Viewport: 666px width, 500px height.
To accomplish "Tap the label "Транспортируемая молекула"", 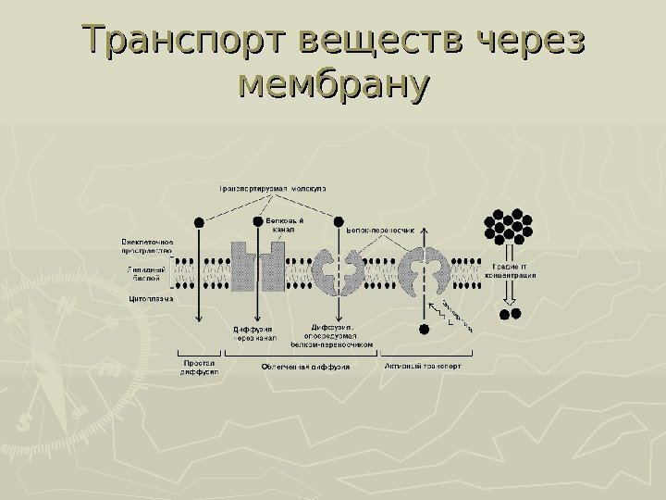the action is (x=277, y=188).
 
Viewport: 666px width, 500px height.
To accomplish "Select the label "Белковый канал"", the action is (x=285, y=225).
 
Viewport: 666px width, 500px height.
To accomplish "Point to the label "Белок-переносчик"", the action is (x=380, y=225).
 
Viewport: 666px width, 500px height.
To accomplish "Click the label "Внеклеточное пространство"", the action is (x=147, y=246).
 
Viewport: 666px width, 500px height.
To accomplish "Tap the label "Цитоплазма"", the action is (x=149, y=299).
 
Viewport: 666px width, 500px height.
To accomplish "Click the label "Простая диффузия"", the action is (x=200, y=369).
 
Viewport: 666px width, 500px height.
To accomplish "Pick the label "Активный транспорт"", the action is (x=424, y=366).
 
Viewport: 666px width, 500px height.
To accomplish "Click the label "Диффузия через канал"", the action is (x=254, y=332).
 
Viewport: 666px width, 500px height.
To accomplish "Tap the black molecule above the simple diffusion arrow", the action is (x=200, y=222).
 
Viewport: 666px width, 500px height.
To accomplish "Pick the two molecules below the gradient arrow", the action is (x=511, y=314).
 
